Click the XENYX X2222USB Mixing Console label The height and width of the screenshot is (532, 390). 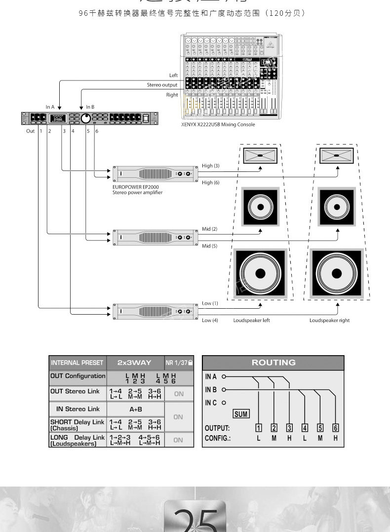[218, 124]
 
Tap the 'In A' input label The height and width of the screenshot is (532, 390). [50, 107]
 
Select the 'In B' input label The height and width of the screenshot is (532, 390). [90, 107]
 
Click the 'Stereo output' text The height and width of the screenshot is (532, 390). [162, 85]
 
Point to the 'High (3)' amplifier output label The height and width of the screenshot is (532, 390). [211, 166]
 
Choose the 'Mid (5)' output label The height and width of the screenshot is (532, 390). [210, 246]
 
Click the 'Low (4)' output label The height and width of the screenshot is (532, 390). [210, 320]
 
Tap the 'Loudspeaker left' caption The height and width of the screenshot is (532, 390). [251, 320]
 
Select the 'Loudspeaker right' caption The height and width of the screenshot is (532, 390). [329, 320]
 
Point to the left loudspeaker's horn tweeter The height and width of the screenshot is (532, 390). [260, 156]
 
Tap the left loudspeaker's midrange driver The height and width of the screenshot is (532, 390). [260, 206]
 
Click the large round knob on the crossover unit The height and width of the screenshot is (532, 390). [85, 118]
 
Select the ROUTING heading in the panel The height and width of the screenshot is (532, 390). [273, 363]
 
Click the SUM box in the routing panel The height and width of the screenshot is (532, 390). [241, 414]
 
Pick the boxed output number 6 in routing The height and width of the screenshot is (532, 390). [336, 428]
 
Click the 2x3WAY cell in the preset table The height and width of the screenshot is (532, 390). [134, 363]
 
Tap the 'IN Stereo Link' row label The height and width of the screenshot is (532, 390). [78, 409]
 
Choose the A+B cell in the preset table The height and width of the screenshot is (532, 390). [136, 409]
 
